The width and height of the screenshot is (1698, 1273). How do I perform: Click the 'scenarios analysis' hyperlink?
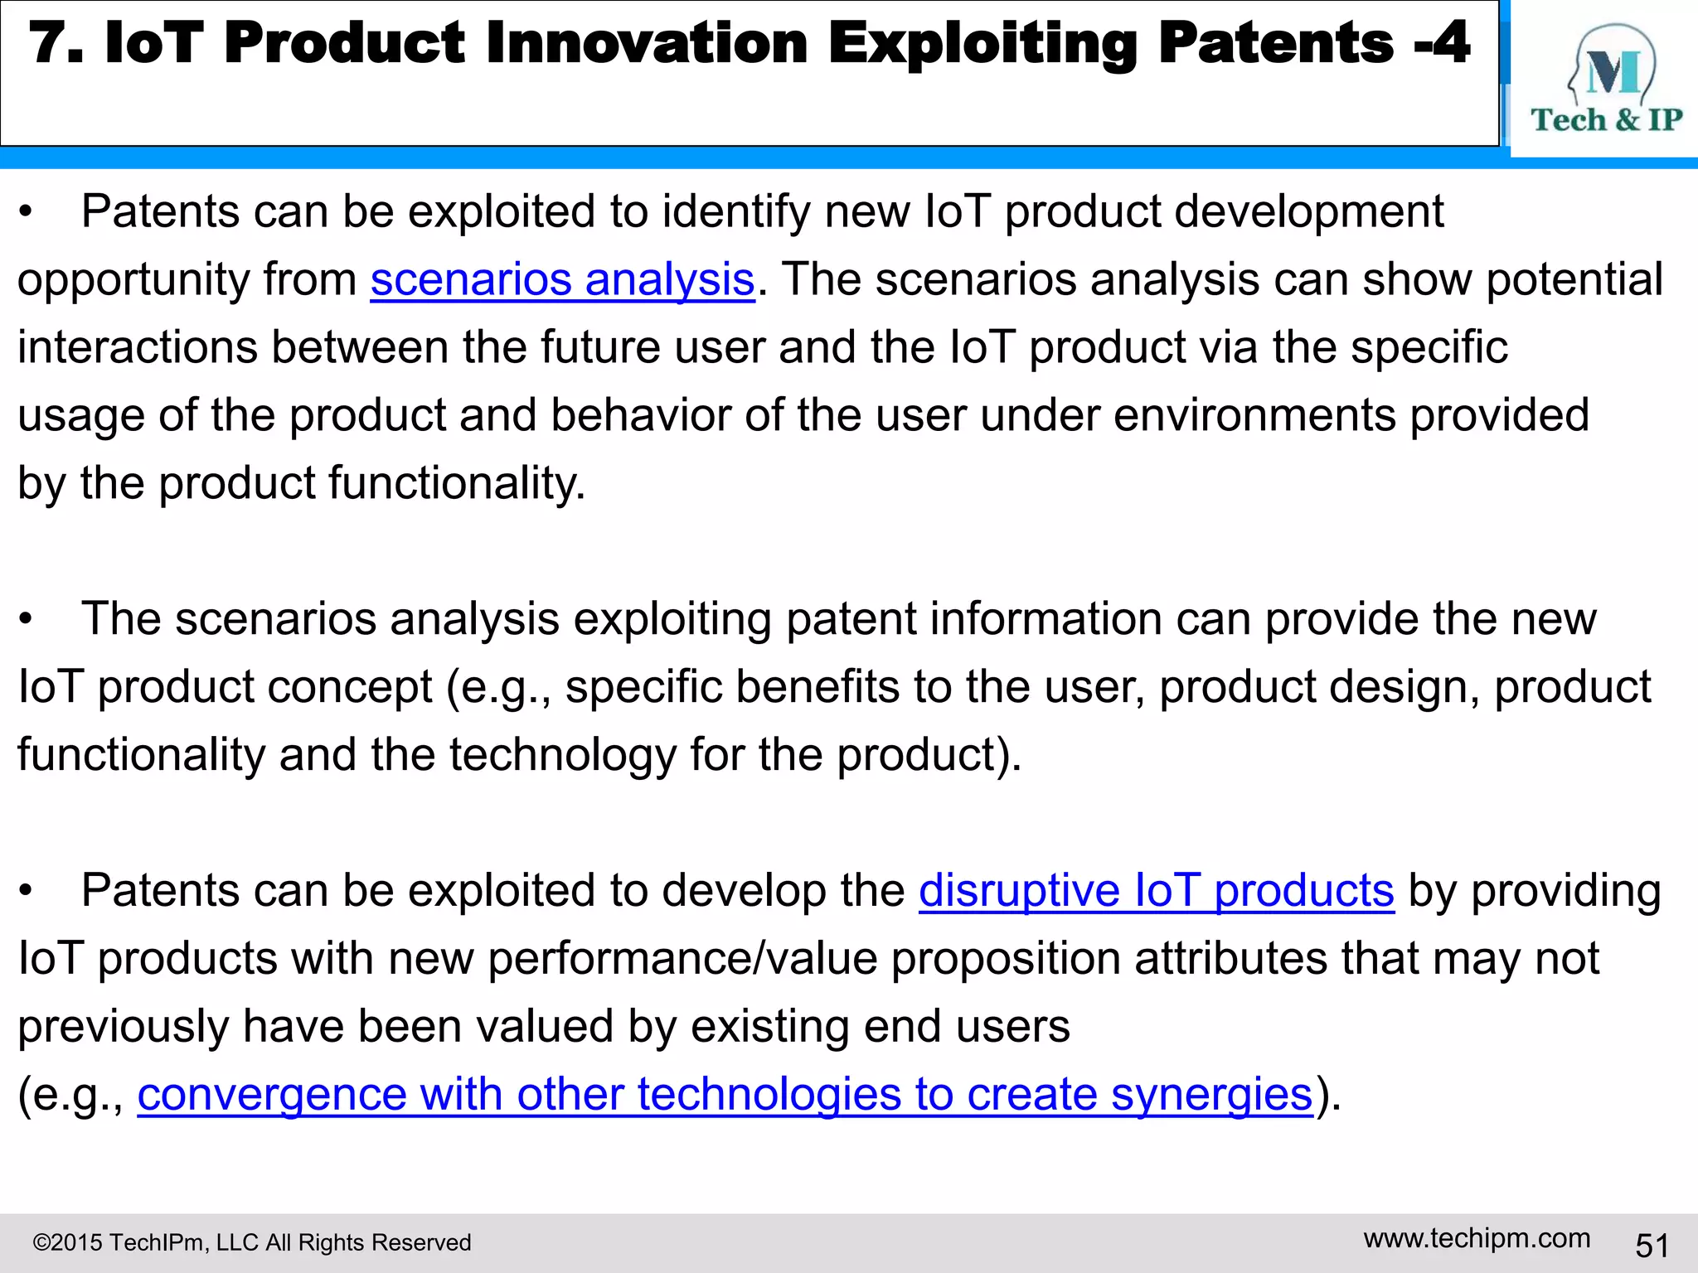click(x=562, y=279)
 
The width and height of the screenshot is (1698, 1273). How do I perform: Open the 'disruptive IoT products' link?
click(x=1156, y=891)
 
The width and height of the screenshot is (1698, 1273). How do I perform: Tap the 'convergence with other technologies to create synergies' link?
click(x=725, y=1094)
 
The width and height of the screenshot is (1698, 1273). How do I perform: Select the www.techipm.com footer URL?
click(x=1477, y=1238)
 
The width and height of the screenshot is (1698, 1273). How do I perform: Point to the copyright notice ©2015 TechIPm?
click(x=251, y=1242)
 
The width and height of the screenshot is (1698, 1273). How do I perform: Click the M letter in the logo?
click(x=1613, y=73)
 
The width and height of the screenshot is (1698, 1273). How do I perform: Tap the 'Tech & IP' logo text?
click(x=1606, y=120)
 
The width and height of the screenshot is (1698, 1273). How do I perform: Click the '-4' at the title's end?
click(x=1442, y=43)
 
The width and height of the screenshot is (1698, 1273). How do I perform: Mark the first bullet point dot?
click(x=27, y=213)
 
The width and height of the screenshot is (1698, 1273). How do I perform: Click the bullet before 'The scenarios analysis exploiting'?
click(x=27, y=620)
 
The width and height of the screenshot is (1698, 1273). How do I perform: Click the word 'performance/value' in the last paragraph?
click(x=682, y=959)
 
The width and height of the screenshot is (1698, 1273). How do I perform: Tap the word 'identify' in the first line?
click(x=735, y=212)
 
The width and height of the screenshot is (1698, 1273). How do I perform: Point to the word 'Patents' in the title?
click(x=1275, y=43)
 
